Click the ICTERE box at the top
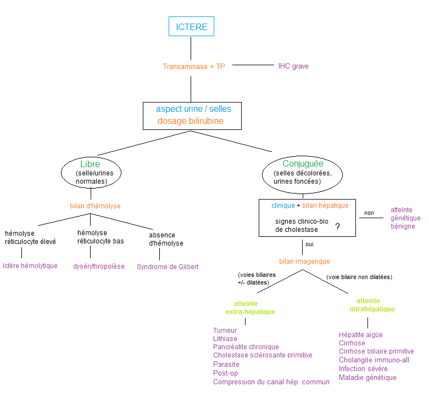click(x=191, y=27)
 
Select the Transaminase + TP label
click(x=194, y=66)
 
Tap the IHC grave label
click(x=293, y=66)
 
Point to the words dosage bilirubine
click(x=191, y=121)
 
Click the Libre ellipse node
click(x=91, y=172)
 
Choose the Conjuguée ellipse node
click(x=303, y=172)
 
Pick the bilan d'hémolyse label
click(x=95, y=206)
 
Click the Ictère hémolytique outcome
click(x=30, y=266)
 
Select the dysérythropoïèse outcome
click(x=99, y=266)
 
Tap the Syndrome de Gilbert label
click(x=168, y=267)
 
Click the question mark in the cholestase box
click(x=337, y=226)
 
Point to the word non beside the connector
click(x=369, y=213)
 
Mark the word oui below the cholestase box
click(x=310, y=244)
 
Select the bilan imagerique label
click(x=304, y=261)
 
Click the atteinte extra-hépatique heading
click(x=250, y=308)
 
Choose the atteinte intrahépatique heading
click(x=372, y=305)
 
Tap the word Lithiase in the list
click(x=225, y=339)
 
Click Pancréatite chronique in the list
click(x=246, y=347)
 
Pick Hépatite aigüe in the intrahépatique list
click(x=361, y=335)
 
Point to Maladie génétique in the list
click(x=367, y=378)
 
